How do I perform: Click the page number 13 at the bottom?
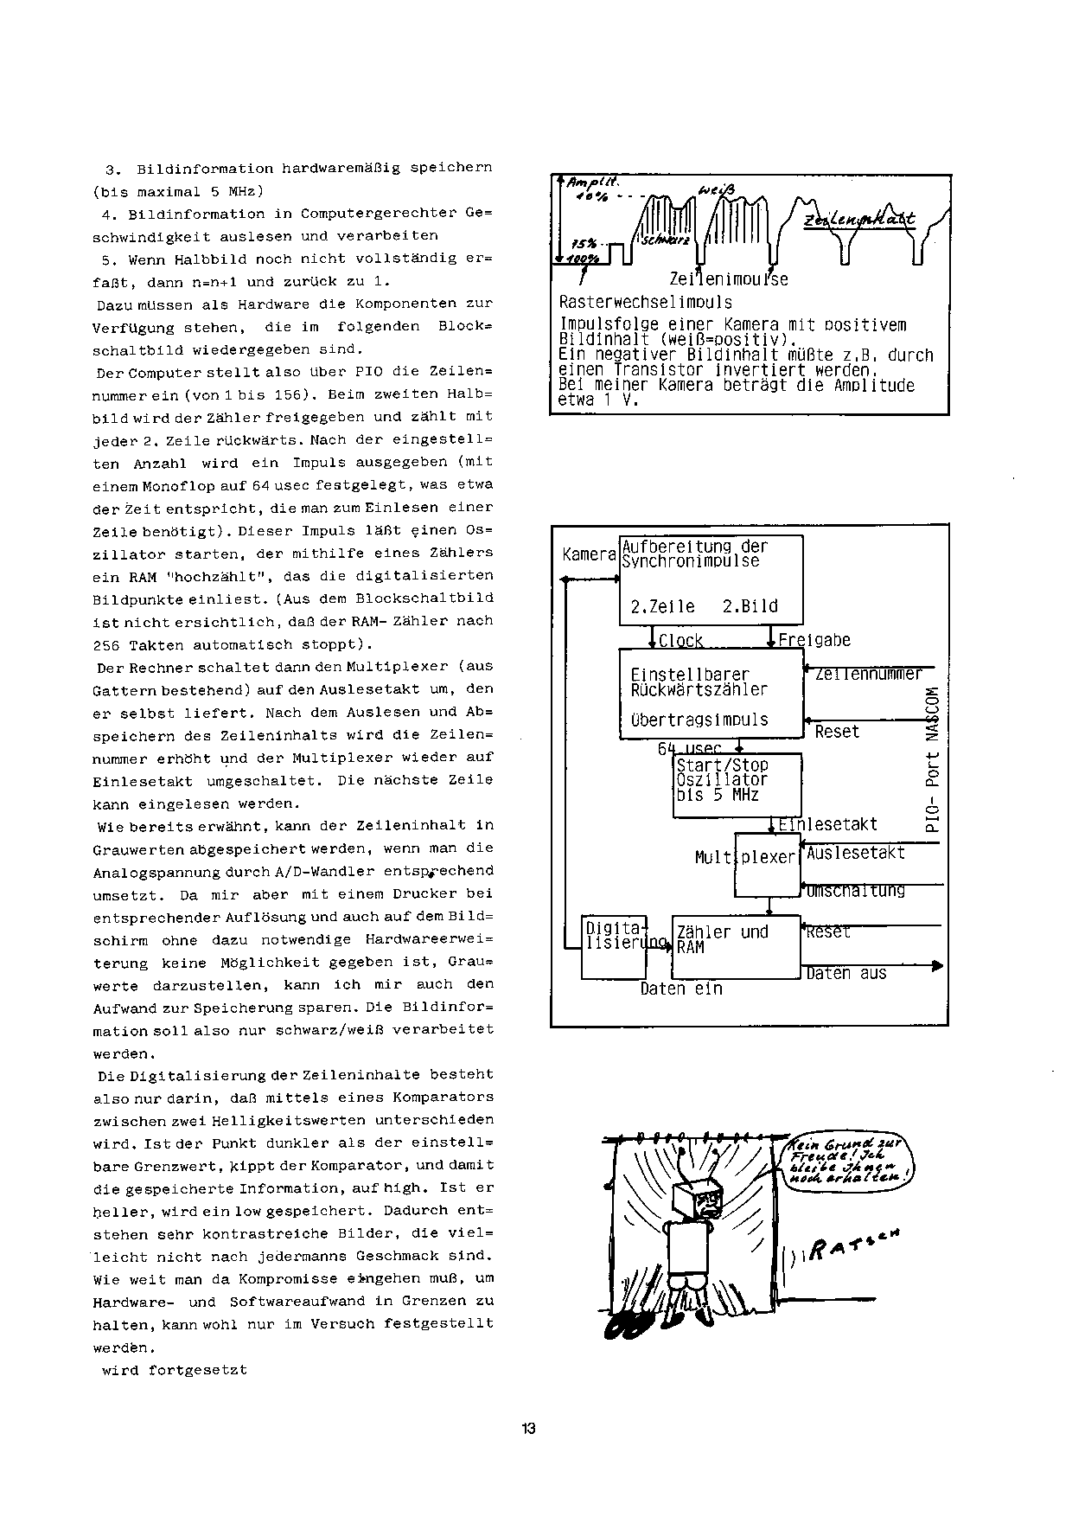(529, 1428)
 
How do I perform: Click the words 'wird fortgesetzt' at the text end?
(175, 1370)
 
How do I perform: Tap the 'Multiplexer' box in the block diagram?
(767, 865)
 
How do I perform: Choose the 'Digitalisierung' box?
(614, 946)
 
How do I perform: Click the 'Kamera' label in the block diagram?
(588, 554)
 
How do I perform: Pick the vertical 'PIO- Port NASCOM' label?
(931, 758)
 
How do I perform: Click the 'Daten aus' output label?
(846, 974)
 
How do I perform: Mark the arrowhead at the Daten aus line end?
(937, 965)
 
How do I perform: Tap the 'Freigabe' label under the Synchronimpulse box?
(814, 640)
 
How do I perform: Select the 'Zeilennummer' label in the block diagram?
(868, 674)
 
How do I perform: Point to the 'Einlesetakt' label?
(828, 824)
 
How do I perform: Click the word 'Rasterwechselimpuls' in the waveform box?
(645, 303)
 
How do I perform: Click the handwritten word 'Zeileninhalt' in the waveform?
(859, 221)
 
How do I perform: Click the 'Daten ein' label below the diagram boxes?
(681, 989)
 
